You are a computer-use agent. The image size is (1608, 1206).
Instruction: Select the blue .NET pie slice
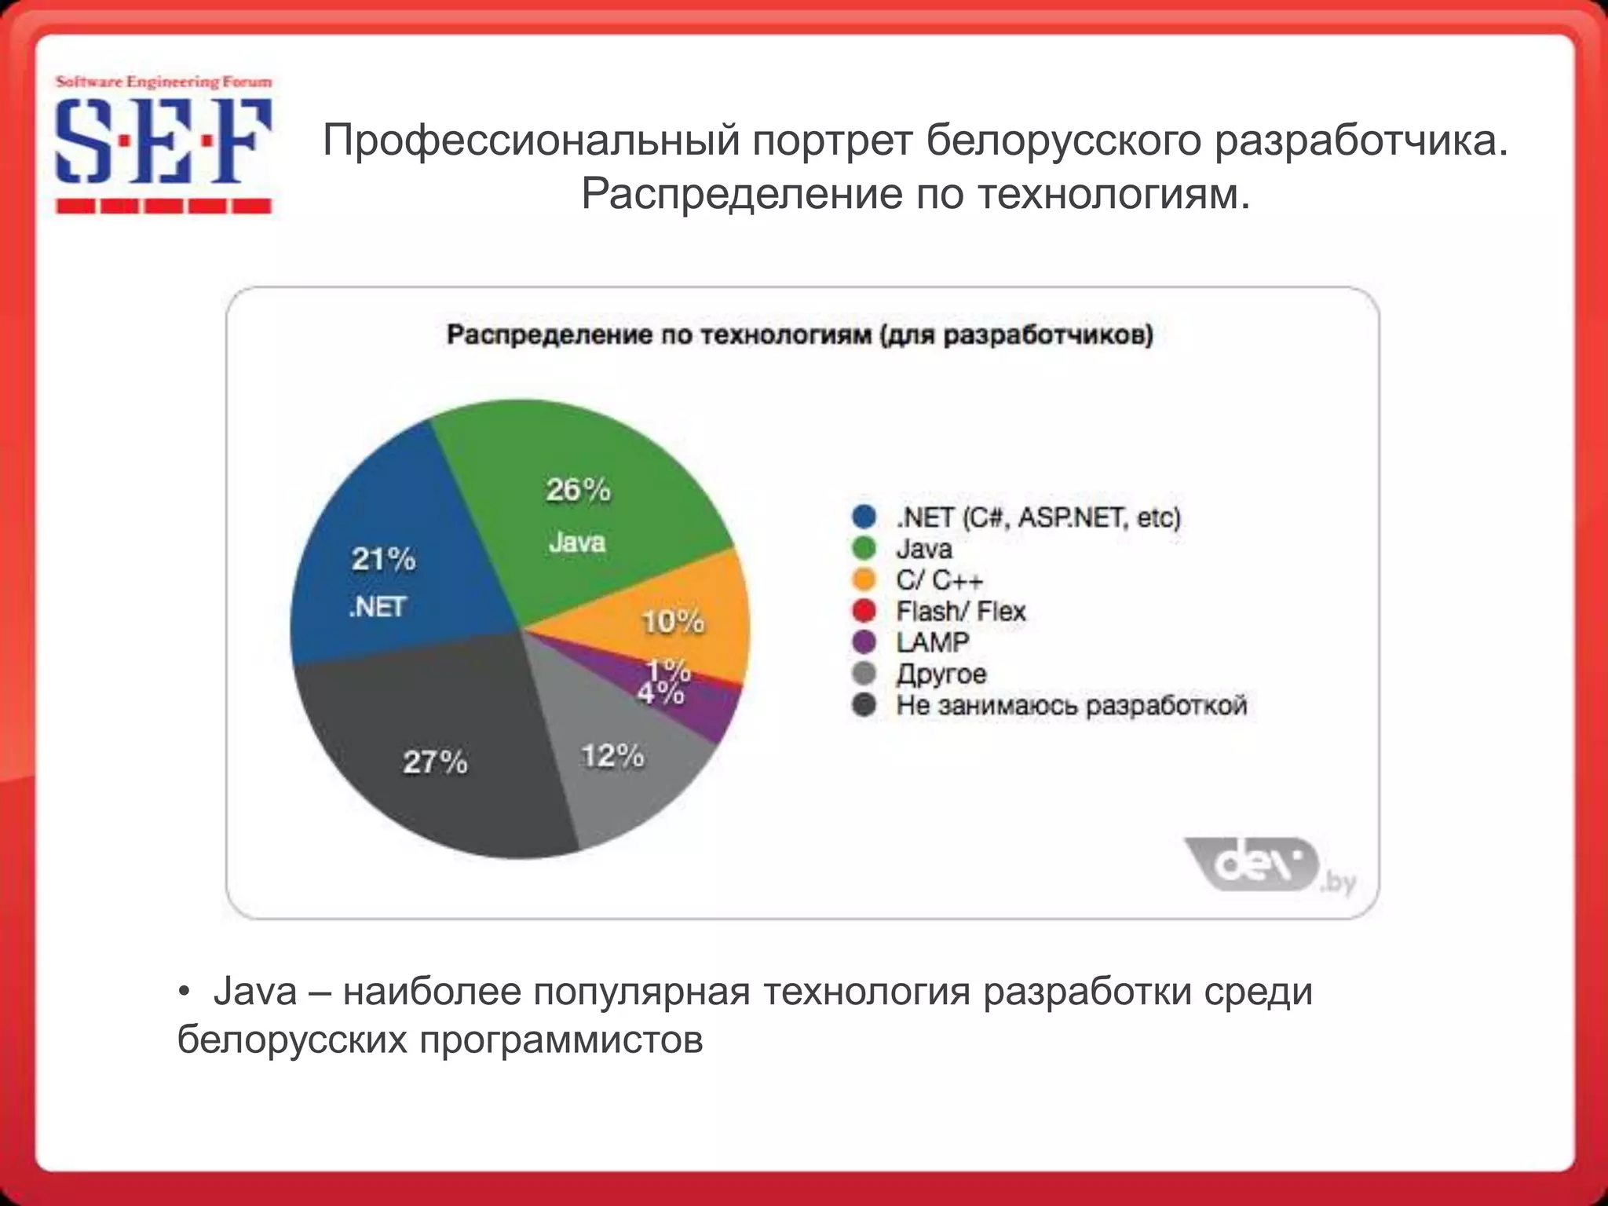click(393, 565)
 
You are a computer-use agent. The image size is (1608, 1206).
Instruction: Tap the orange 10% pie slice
click(691, 612)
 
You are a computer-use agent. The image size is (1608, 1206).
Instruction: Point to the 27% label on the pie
click(435, 762)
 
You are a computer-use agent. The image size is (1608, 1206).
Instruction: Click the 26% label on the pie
click(578, 490)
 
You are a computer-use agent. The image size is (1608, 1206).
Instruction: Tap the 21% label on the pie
click(383, 559)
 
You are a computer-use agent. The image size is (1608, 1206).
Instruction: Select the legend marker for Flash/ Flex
click(864, 611)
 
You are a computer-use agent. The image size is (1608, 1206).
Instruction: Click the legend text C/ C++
click(939, 580)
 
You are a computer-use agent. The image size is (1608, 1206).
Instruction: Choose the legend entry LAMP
click(933, 642)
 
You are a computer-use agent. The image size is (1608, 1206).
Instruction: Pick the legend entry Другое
click(941, 674)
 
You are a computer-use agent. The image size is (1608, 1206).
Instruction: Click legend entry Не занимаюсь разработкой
click(1072, 705)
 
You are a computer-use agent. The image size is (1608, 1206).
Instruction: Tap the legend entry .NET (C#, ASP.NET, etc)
click(1038, 517)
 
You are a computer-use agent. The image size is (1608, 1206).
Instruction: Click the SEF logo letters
click(163, 141)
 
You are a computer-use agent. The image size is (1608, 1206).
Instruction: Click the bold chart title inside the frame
click(800, 335)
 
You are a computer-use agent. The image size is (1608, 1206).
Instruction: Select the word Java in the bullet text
click(255, 991)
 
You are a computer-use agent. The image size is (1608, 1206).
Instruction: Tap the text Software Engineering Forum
click(163, 82)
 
